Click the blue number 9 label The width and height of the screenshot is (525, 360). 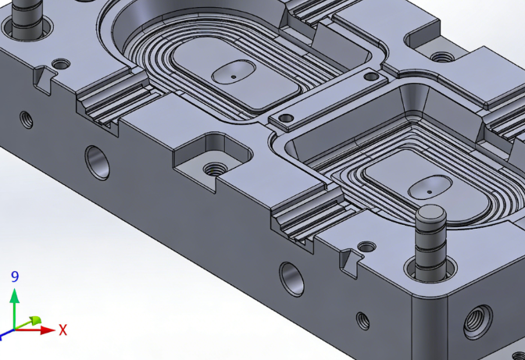pyautogui.click(x=15, y=276)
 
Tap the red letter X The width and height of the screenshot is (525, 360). pyautogui.click(x=62, y=330)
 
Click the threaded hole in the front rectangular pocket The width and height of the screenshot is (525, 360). pyautogui.click(x=212, y=167)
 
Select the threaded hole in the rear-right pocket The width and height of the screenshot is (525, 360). pyautogui.click(x=442, y=57)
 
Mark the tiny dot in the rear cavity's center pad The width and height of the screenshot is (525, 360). pyautogui.click(x=234, y=77)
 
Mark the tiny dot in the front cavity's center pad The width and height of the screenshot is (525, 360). pyautogui.click(x=429, y=190)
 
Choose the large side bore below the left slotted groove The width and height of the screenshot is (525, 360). pyautogui.click(x=98, y=161)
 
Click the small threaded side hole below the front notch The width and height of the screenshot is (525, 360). pyautogui.click(x=362, y=320)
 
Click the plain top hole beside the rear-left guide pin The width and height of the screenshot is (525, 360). pyautogui.click(x=59, y=62)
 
